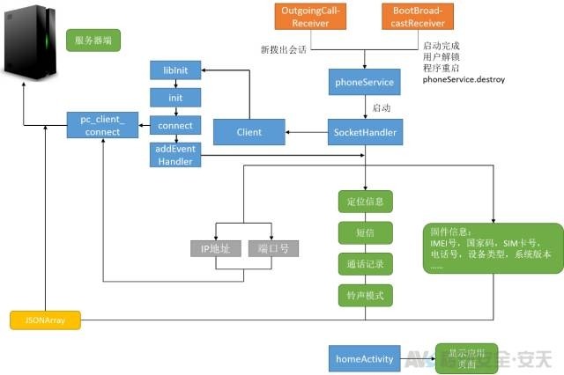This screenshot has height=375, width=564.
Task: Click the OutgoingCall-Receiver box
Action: pyautogui.click(x=304, y=17)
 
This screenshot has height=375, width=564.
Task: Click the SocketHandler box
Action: pyautogui.click(x=365, y=133)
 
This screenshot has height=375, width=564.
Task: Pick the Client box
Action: pyautogui.click(x=249, y=133)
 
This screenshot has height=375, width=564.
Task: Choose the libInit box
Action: pyautogui.click(x=175, y=70)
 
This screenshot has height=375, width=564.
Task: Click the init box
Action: pyautogui.click(x=175, y=97)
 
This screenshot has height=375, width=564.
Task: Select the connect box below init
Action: pyautogui.click(x=175, y=126)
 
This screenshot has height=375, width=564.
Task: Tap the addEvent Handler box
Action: pyautogui.click(x=175, y=156)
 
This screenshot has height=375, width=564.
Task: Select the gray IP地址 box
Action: pyautogui.click(x=215, y=248)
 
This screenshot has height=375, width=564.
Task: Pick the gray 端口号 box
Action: pyautogui.click(x=272, y=248)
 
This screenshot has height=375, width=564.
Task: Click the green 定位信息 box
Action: pyautogui.click(x=365, y=201)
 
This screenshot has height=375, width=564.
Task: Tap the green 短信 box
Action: pyautogui.click(x=365, y=232)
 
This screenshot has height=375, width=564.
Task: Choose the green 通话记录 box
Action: pyautogui.click(x=365, y=263)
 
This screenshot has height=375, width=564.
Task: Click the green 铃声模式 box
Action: pyautogui.click(x=365, y=294)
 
